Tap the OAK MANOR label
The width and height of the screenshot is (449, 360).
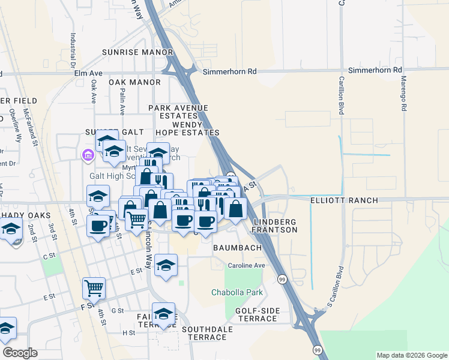(134, 82)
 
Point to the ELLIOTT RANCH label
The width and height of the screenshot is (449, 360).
(344, 200)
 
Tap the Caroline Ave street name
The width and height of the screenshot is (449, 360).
(246, 265)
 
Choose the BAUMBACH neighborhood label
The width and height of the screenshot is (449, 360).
(236, 247)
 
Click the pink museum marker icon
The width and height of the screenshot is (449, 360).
(88, 156)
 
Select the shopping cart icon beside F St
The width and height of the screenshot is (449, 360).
(94, 288)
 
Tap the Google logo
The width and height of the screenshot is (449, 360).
(20, 353)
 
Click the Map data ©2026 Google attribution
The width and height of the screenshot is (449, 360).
(412, 355)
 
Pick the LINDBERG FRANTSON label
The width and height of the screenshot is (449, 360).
(276, 226)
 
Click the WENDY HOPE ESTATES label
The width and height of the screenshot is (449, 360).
(187, 128)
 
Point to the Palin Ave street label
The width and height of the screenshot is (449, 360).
(122, 103)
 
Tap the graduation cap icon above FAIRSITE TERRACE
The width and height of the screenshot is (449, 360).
(163, 313)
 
